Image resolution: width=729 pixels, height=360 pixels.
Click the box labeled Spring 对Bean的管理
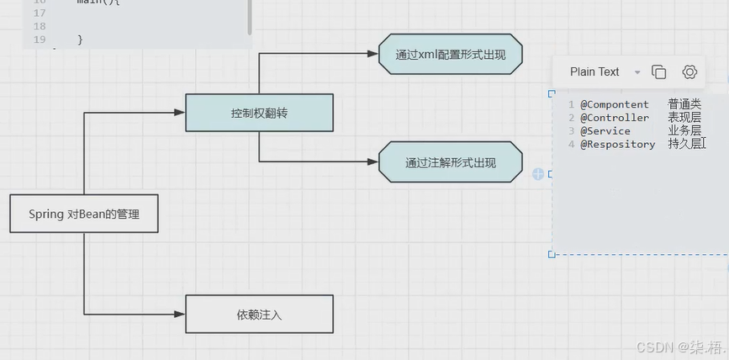coord(83,214)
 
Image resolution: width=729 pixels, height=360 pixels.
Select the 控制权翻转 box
coord(259,113)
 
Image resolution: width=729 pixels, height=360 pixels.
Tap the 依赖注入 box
coord(259,315)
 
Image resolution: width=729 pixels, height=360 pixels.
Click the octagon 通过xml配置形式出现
coord(450,54)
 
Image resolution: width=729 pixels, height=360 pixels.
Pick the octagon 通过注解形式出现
coord(451,162)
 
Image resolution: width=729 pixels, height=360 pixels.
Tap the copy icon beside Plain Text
coord(659,72)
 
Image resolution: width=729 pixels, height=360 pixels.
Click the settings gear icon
coord(689,72)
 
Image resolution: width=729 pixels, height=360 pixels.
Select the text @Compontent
coord(614,104)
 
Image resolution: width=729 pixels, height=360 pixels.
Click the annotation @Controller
coord(614,118)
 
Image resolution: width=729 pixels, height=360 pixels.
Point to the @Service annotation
coord(605,131)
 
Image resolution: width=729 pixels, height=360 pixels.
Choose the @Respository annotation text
coord(617,145)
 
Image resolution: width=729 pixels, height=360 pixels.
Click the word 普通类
coord(684,104)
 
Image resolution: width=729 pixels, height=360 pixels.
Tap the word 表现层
coord(684,118)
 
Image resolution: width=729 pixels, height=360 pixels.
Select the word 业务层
coord(684,131)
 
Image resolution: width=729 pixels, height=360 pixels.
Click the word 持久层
coord(684,145)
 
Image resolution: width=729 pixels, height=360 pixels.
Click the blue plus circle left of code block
coord(538,174)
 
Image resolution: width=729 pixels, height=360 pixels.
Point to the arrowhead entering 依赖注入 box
coord(179,315)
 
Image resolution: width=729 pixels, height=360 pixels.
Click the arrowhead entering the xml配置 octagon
coord(372,54)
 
